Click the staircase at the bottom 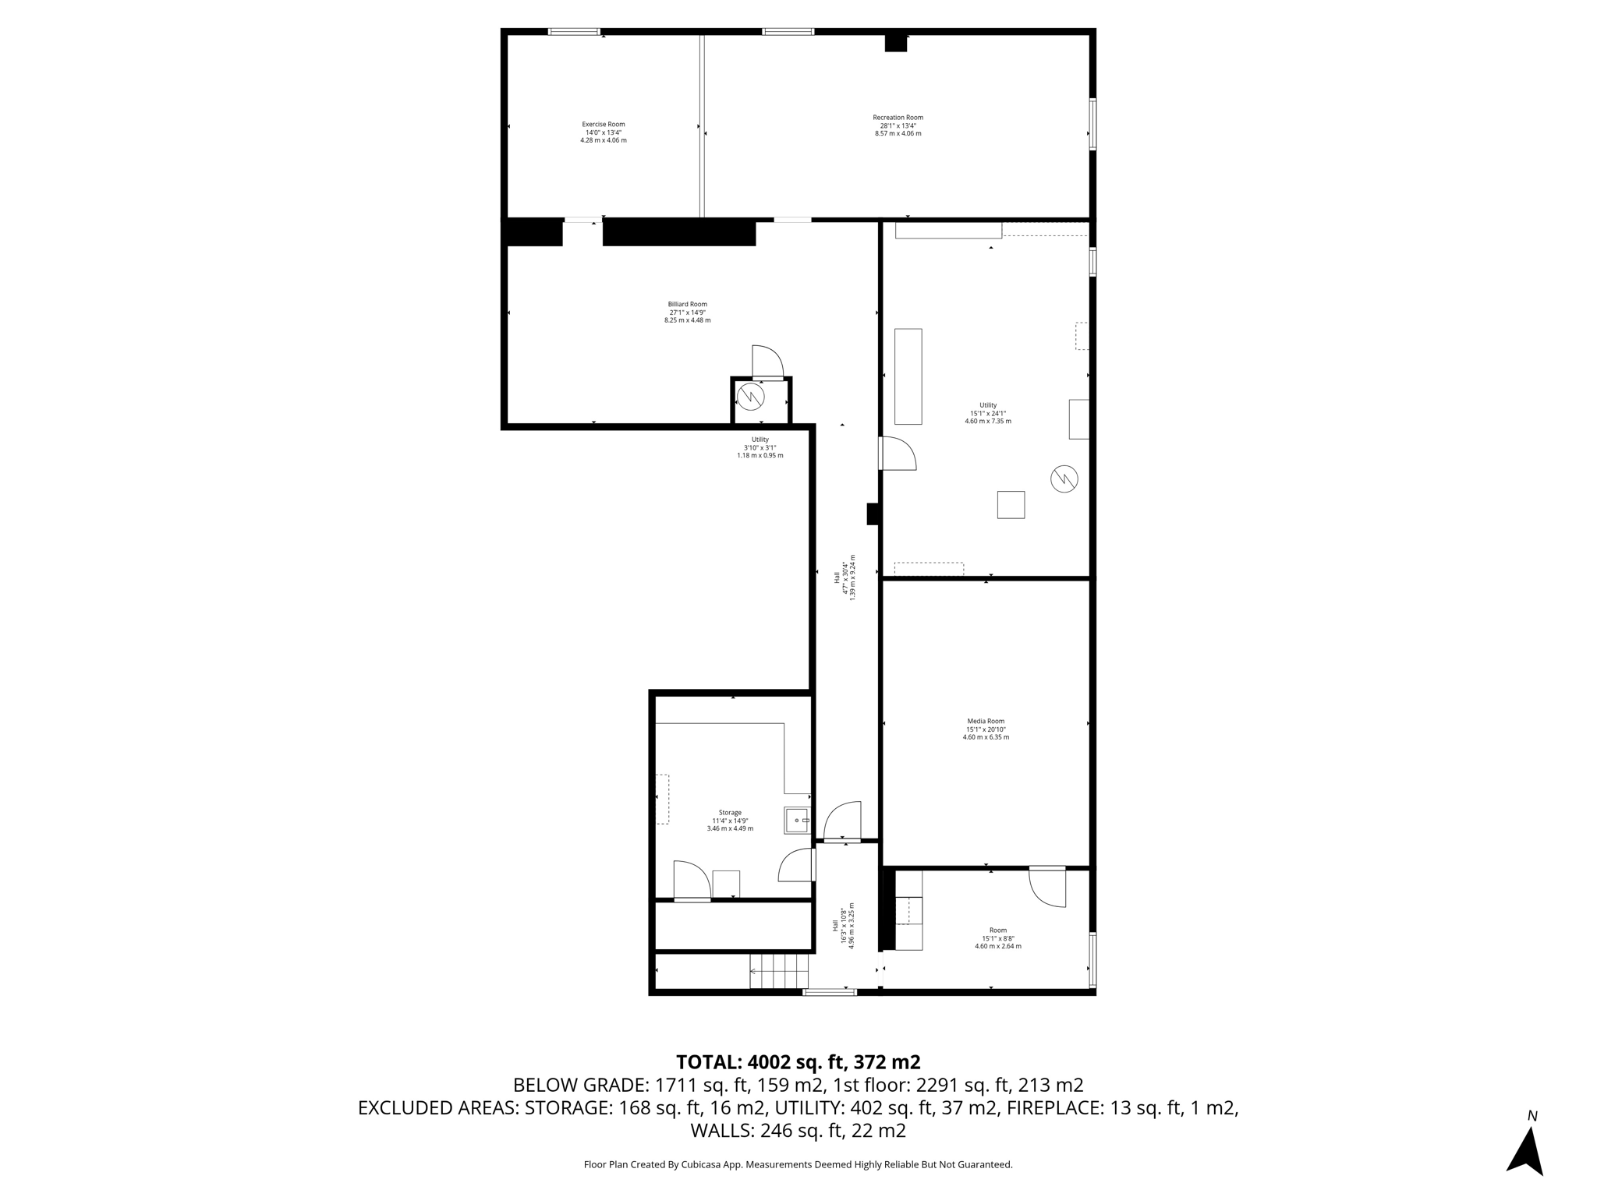click(779, 972)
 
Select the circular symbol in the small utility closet click(750, 397)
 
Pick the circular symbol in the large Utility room click(1064, 478)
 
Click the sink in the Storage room click(798, 821)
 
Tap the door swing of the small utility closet click(767, 362)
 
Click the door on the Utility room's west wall click(898, 454)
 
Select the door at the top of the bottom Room click(1047, 887)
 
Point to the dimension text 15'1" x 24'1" click(988, 413)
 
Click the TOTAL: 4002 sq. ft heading click(798, 1062)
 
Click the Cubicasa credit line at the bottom click(798, 1164)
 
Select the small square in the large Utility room click(1011, 504)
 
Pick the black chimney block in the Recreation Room click(896, 44)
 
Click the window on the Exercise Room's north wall click(574, 32)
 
